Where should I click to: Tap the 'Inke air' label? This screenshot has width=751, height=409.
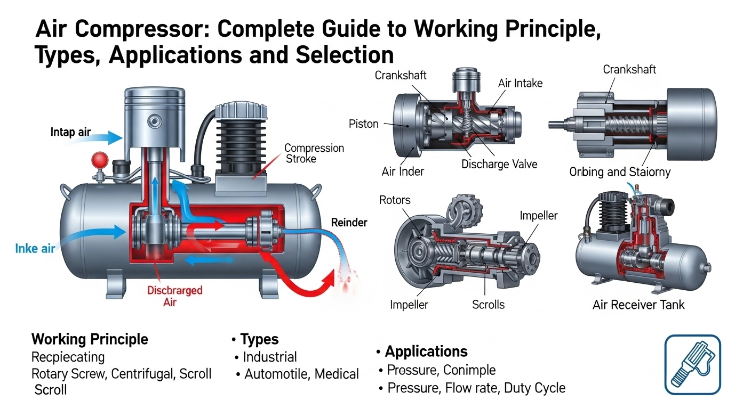pyautogui.click(x=35, y=248)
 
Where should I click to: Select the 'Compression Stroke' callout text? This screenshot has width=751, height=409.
pyautogui.click(x=314, y=153)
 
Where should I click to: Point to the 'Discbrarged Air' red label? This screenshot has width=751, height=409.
pyautogui.click(x=174, y=296)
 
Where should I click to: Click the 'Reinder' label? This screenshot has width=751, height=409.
pyautogui.click(x=349, y=223)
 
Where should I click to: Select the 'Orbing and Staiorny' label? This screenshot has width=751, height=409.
pyautogui.click(x=620, y=172)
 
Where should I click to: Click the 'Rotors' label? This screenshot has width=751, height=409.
pyautogui.click(x=395, y=200)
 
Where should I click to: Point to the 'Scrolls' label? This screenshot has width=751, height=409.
pyautogui.click(x=488, y=305)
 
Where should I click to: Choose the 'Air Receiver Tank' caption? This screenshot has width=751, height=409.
pyautogui.click(x=638, y=305)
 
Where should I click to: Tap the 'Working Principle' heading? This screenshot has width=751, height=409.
pyautogui.click(x=90, y=339)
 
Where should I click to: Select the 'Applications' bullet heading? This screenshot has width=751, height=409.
pyautogui.click(x=426, y=351)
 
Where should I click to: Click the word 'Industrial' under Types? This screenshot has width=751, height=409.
pyautogui.click(x=269, y=357)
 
